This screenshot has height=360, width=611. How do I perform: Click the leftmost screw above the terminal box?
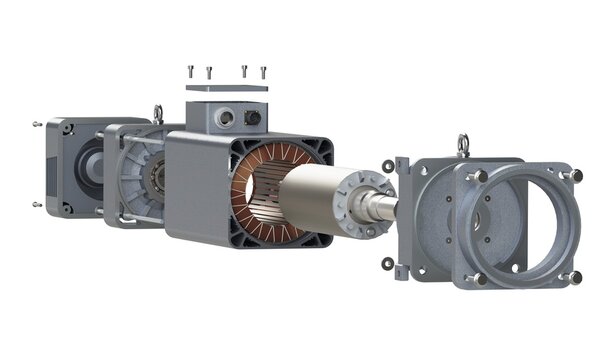tap(189, 70)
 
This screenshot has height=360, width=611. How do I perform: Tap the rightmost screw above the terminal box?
tap(263, 71)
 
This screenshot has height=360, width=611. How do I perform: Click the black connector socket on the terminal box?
tap(253, 118)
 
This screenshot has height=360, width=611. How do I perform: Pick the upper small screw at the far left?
tap(37, 124)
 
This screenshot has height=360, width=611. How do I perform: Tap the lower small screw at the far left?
tap(37, 204)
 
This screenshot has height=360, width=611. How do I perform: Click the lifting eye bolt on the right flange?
tap(462, 145)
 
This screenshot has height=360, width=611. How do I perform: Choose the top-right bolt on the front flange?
tap(576, 177)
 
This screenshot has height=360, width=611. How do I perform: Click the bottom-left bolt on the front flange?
tap(479, 278)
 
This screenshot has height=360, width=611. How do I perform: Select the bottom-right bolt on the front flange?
tap(575, 277)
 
